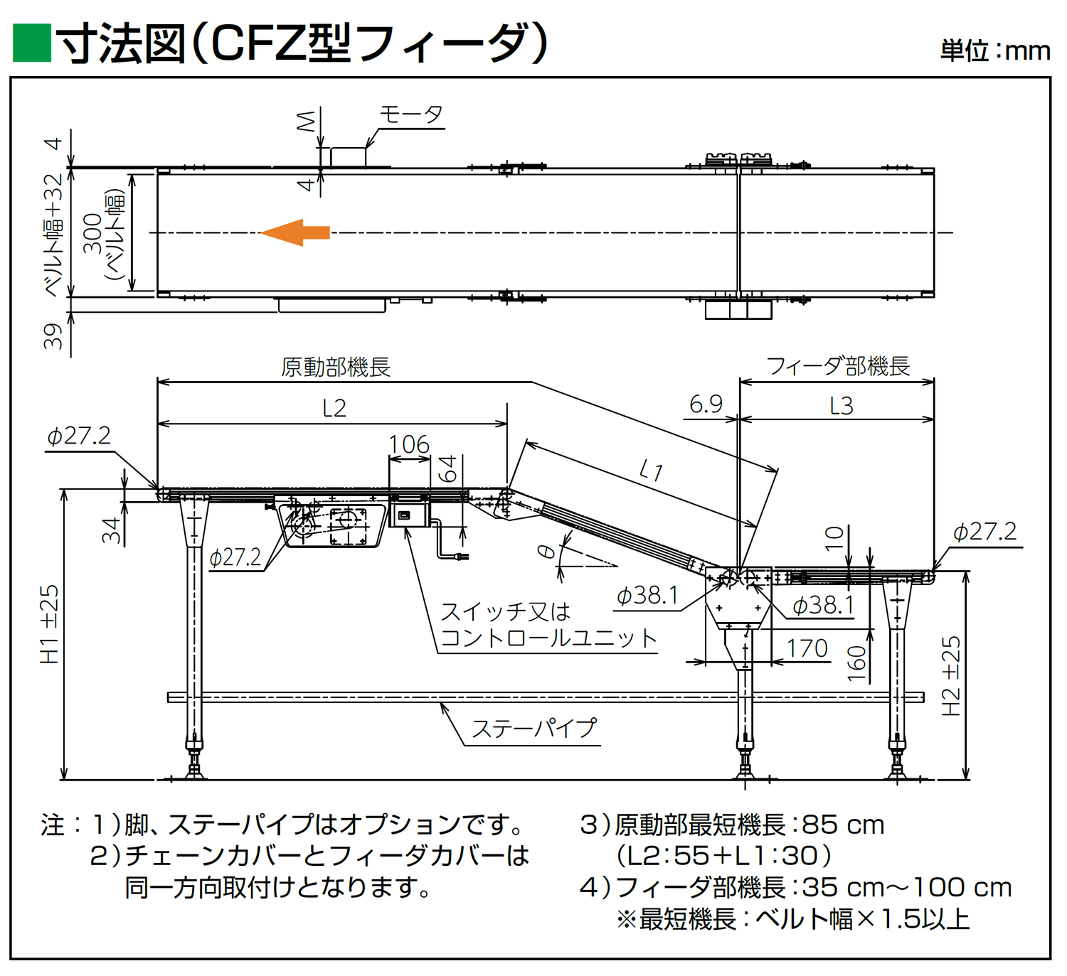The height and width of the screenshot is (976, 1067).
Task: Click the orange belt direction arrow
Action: point(294,232)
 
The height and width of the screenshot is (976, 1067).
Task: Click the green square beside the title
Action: point(32,43)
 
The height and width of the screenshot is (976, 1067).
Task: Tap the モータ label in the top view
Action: point(411,114)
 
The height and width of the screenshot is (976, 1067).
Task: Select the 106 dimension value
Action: point(409,444)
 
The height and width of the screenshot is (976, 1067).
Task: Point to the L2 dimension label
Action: point(334,408)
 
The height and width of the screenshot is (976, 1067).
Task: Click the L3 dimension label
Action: point(841,406)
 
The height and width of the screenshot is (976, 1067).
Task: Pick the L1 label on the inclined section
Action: point(651,470)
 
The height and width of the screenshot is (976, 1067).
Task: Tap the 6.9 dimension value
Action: point(706,404)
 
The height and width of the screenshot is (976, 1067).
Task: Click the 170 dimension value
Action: point(807,648)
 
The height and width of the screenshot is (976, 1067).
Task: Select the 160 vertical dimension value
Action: point(857,663)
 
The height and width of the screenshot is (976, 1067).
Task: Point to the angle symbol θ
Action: point(546,552)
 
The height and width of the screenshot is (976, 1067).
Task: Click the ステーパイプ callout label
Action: point(534,729)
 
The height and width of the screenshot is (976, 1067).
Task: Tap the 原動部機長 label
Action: point(336,367)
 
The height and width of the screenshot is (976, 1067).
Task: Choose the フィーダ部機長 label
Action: point(838,366)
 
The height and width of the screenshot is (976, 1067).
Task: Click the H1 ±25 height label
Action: point(49,624)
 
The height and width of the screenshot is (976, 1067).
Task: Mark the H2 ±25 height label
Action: point(950,675)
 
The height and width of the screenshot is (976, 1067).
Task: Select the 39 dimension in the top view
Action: point(53,336)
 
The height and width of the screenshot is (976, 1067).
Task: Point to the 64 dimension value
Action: point(447,469)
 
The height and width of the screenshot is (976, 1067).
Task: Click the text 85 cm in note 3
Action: point(843,825)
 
